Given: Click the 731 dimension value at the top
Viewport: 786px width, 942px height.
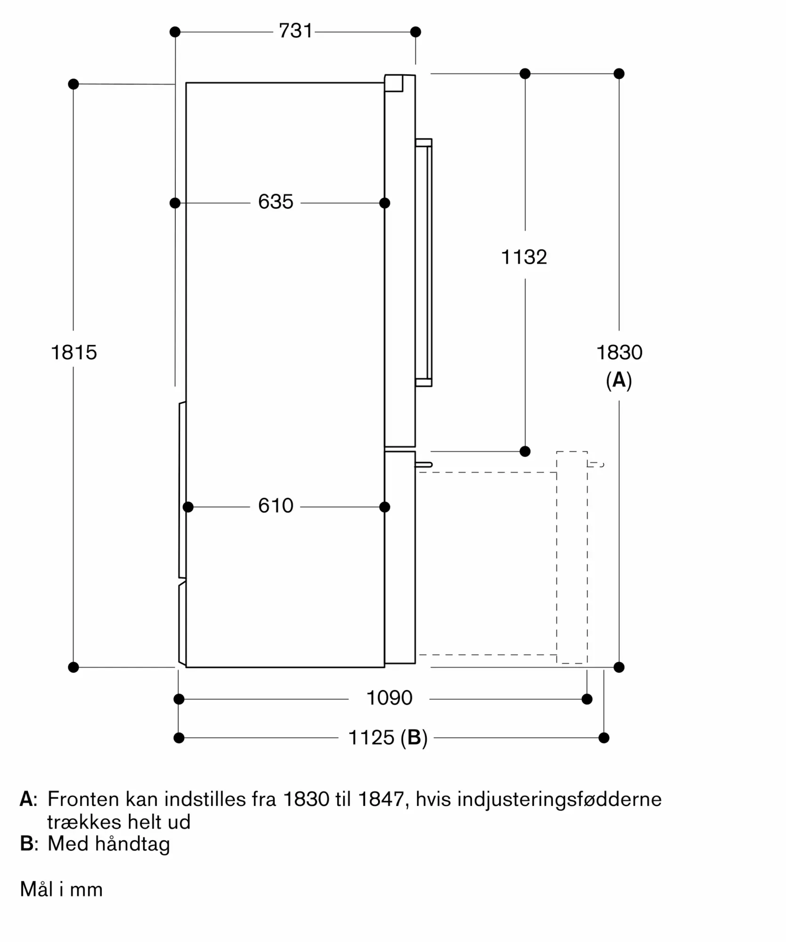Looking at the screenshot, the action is click(x=295, y=31).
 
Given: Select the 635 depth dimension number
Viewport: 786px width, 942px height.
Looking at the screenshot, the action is click(x=276, y=202).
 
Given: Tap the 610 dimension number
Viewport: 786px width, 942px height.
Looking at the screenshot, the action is click(x=276, y=506).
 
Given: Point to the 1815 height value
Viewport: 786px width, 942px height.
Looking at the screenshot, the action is click(x=73, y=352).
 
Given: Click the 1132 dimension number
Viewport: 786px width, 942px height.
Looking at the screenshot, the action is click(x=524, y=257).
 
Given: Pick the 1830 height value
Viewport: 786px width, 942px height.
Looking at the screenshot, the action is click(x=619, y=352).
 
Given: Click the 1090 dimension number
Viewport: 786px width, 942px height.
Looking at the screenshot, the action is click(x=389, y=698).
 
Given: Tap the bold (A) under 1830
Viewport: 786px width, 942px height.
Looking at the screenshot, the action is click(x=619, y=380).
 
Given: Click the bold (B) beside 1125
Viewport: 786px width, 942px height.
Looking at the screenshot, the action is click(x=414, y=738).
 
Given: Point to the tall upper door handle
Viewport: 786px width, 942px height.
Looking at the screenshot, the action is click(x=424, y=262).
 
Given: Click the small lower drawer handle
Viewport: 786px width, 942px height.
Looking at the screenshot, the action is click(x=423, y=465).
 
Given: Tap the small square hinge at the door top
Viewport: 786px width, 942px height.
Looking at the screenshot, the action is click(x=394, y=83).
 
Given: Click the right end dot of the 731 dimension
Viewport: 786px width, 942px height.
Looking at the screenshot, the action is click(x=415, y=32).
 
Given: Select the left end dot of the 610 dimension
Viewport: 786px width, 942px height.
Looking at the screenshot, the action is click(x=188, y=507).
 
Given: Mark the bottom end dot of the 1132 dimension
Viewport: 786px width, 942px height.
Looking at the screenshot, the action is click(x=525, y=451).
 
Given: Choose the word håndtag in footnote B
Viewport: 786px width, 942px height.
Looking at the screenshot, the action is click(x=132, y=844).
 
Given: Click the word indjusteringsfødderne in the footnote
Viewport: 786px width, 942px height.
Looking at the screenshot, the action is click(x=559, y=799).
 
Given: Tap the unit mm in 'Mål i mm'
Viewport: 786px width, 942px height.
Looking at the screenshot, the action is click(x=86, y=890).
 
